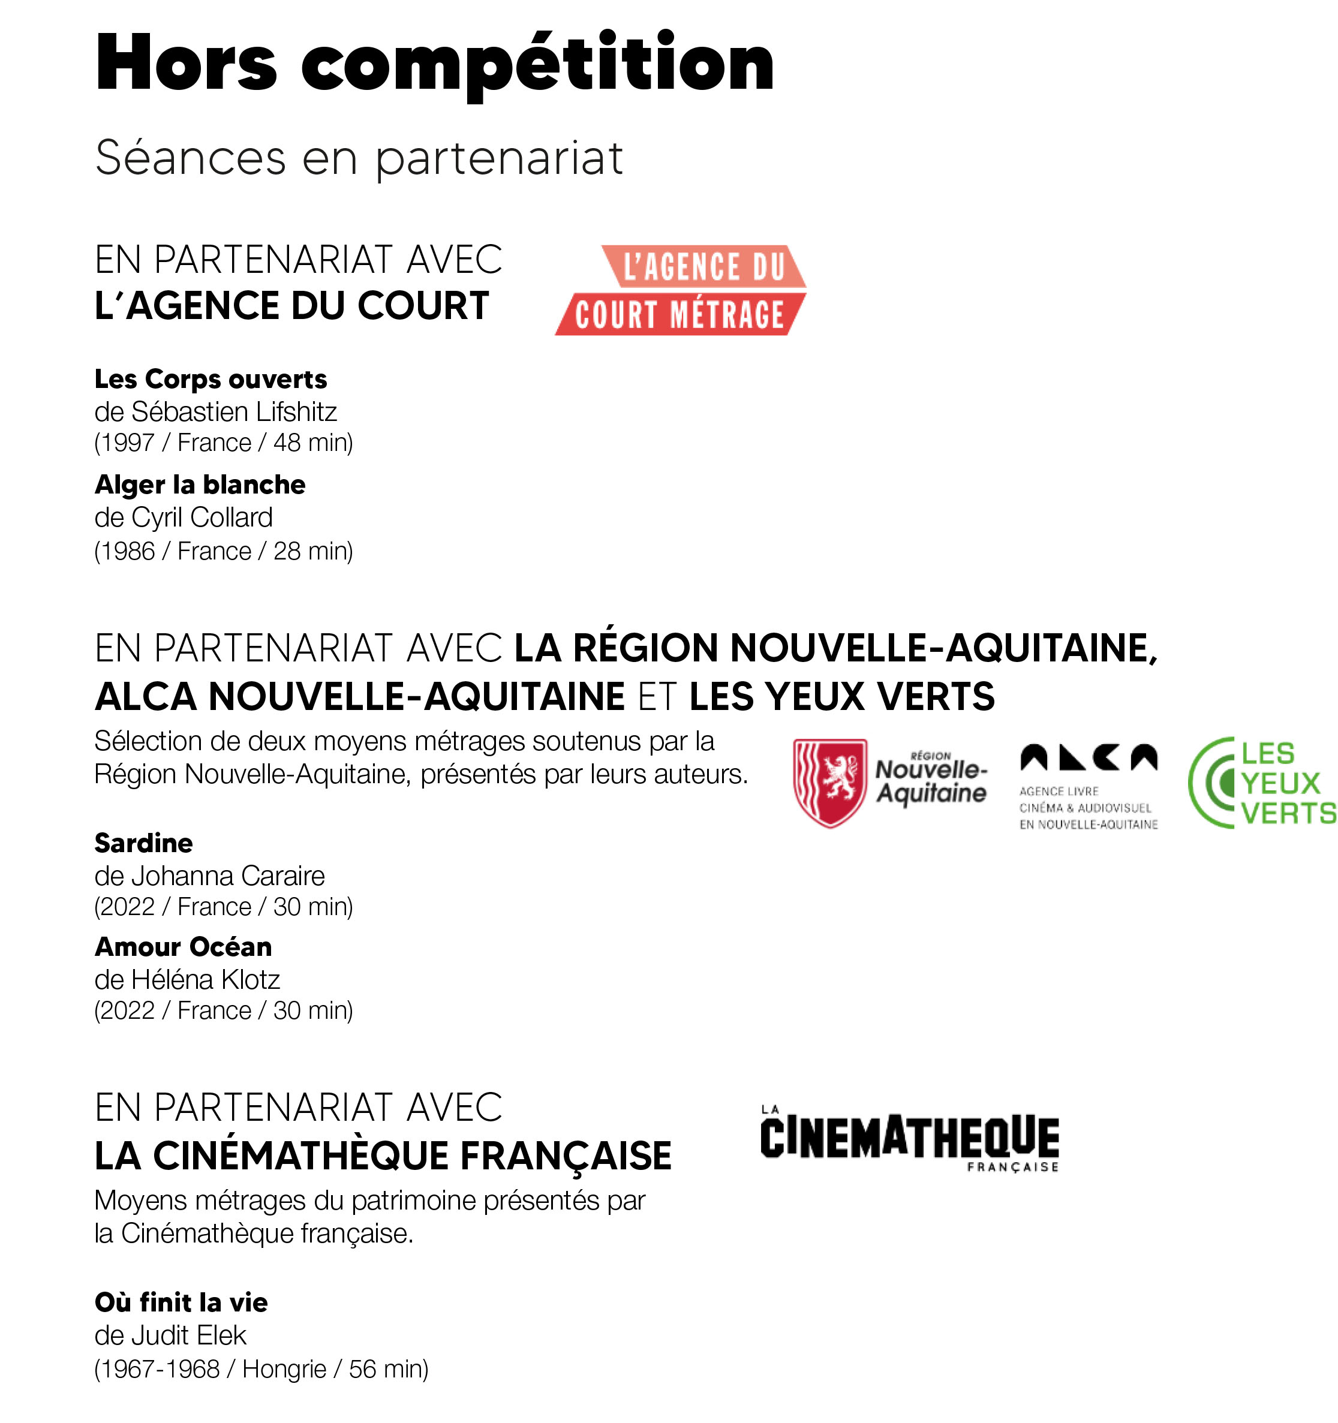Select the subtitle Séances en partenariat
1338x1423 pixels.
coord(359,158)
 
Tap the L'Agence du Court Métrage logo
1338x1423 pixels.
coord(681,290)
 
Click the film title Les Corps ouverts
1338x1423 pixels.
coord(211,378)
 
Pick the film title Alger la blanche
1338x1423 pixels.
coord(200,485)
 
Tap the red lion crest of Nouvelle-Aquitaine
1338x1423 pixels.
coord(829,783)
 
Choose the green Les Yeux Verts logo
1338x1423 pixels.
coord(1261,783)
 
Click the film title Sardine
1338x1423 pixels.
coord(143,843)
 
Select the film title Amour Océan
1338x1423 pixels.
coord(184,947)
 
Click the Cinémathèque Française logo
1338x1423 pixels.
coord(909,1138)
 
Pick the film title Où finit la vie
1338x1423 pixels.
coord(181,1302)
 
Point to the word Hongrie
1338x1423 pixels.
coord(284,1369)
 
